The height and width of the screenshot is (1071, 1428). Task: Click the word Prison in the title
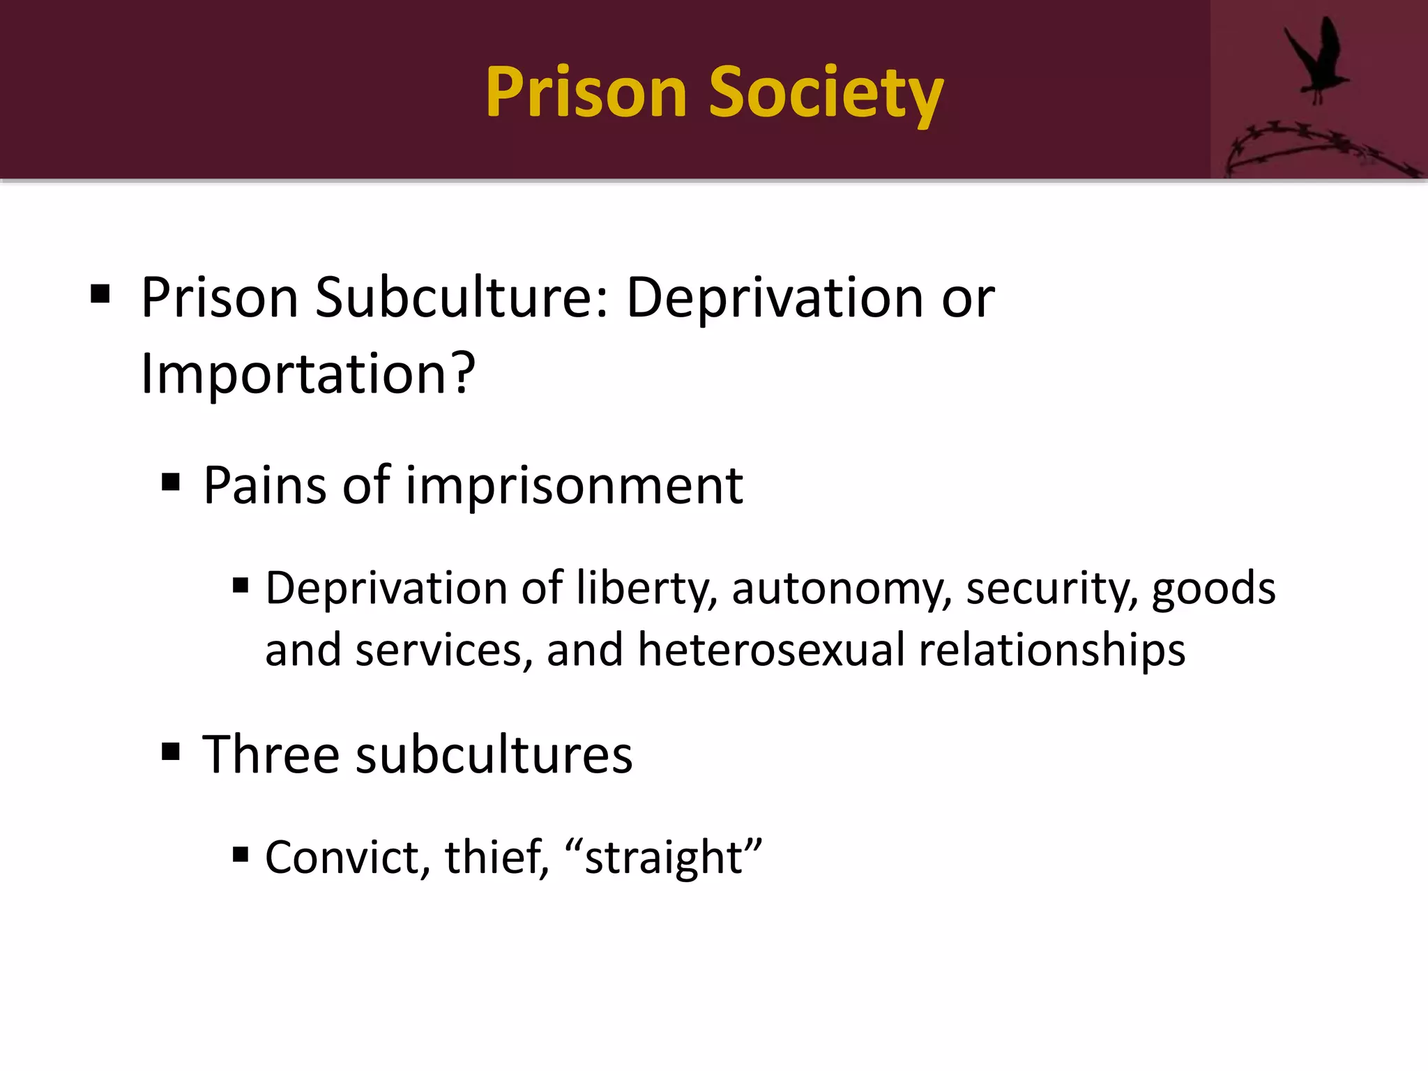point(586,93)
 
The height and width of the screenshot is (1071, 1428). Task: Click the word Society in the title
point(826,93)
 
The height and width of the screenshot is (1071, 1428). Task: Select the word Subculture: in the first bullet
point(462,298)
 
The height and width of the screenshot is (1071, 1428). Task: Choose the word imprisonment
point(574,487)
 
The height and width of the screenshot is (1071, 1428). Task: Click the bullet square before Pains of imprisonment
point(171,482)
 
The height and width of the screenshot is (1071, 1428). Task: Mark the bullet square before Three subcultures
point(171,752)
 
